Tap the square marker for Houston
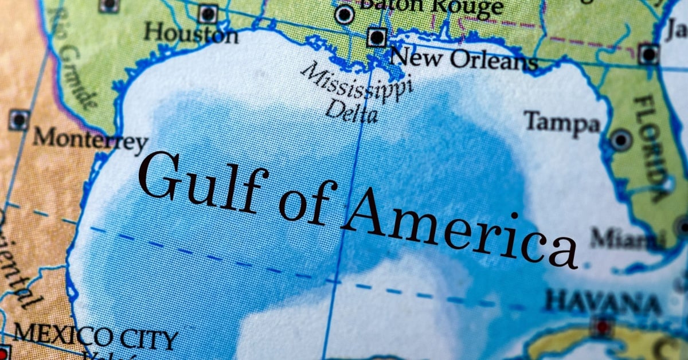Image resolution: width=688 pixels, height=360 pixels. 208,13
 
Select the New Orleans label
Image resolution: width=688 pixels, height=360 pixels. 463,58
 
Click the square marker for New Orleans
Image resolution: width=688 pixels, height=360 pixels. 377,38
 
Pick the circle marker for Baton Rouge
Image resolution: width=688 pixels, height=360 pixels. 344,14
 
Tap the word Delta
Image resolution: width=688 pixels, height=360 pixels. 351,111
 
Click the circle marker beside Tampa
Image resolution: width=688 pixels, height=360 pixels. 621,139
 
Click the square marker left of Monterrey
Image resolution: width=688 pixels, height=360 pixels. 18,120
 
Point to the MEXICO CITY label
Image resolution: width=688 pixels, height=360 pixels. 95,338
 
